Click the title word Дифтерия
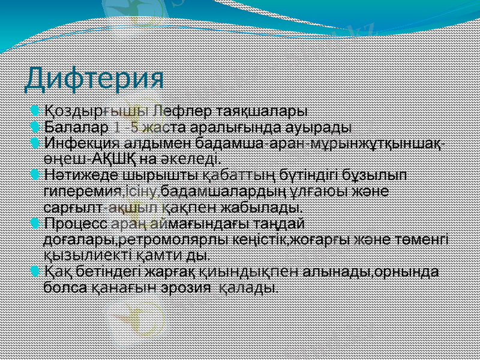pyautogui.click(x=95, y=78)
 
